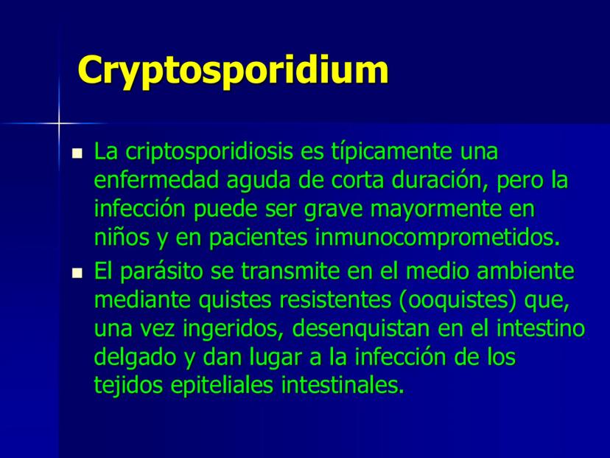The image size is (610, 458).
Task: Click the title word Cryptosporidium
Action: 233,71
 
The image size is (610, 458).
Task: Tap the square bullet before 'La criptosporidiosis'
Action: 77,153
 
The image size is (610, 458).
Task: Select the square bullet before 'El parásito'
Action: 77,273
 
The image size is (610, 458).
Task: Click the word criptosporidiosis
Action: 209,152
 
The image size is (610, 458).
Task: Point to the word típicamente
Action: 391,152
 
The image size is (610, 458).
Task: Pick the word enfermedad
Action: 156,181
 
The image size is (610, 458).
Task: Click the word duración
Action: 440,181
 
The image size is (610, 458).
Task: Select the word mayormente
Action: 435,210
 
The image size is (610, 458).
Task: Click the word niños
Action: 122,237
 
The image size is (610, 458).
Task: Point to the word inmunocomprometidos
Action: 438,238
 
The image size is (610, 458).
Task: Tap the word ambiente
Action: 525,271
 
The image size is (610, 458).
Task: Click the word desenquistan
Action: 361,329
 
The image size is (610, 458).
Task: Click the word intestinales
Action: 343,386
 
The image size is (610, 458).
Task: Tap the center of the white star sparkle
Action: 59,123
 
